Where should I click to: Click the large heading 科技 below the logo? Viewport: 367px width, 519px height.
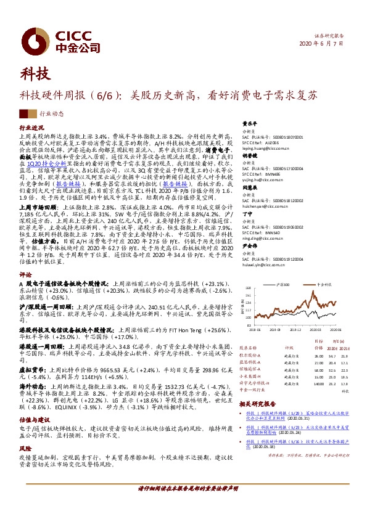(35, 75)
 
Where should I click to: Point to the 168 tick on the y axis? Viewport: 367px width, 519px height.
(248, 288)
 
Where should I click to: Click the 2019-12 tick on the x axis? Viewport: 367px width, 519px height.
(295, 329)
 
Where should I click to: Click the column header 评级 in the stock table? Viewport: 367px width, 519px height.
(289, 348)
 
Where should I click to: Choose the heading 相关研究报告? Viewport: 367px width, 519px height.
(257, 404)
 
